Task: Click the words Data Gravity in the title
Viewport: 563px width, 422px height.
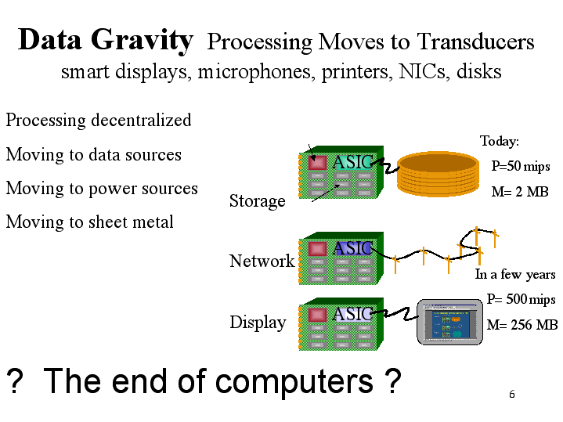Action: (x=105, y=40)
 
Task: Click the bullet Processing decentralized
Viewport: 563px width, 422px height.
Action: (x=99, y=121)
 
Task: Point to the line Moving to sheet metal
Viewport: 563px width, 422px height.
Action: (x=90, y=222)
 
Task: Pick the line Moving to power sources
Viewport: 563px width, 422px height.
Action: (x=102, y=189)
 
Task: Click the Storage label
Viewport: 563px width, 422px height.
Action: (x=257, y=201)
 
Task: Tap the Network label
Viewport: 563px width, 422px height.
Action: (x=262, y=261)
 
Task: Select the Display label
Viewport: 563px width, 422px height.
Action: (x=258, y=323)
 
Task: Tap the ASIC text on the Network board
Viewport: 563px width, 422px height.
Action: (x=352, y=248)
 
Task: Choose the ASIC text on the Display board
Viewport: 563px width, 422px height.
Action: (x=352, y=314)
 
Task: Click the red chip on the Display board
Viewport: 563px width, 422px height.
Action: (x=316, y=315)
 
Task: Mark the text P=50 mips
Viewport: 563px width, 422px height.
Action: (x=521, y=167)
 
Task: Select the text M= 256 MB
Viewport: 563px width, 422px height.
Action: (x=521, y=325)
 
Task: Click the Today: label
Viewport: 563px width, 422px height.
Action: (x=500, y=142)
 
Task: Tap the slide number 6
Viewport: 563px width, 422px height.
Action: (x=511, y=394)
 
